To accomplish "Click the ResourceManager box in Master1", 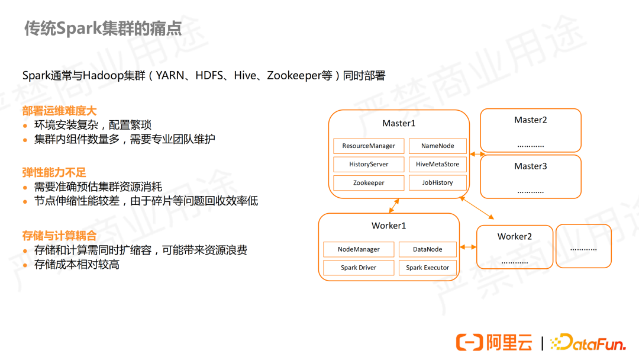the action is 369,146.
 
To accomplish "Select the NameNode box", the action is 438,146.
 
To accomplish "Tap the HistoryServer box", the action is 369,164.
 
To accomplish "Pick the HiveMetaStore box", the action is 438,164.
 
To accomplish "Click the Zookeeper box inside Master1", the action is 369,183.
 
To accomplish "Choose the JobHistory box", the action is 438,183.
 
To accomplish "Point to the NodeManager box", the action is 359,249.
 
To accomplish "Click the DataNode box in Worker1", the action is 428,249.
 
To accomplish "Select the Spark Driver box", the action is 359,268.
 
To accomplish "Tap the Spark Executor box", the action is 428,268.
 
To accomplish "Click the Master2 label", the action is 531,120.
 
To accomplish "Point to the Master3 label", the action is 531,166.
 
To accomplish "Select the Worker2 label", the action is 515,237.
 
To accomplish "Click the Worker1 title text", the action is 389,226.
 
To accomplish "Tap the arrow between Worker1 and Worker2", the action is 468,247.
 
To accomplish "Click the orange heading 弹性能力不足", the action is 54,173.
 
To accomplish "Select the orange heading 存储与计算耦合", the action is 59,236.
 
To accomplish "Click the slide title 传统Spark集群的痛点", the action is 103,28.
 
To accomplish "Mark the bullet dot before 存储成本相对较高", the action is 25,265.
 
